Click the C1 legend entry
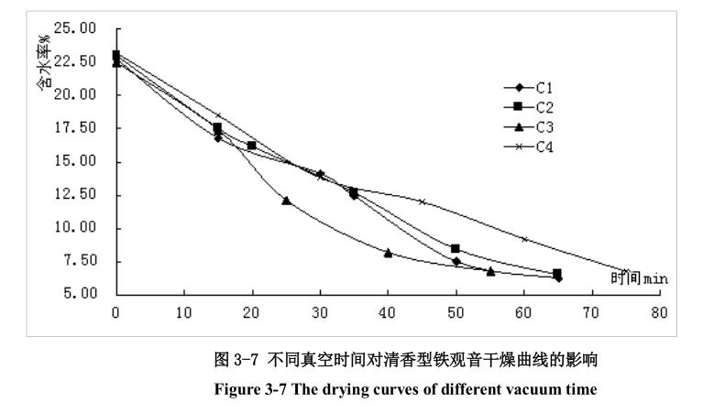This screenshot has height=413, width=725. pyautogui.click(x=528, y=88)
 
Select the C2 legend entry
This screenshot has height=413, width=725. pyautogui.click(x=528, y=107)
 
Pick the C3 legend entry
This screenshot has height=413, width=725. pyautogui.click(x=528, y=126)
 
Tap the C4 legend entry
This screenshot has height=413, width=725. pyautogui.click(x=528, y=146)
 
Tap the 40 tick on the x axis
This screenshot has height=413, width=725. pyautogui.click(x=388, y=311)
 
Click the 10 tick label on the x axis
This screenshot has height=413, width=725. pyautogui.click(x=183, y=311)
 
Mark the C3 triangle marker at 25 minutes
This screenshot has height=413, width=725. pyautogui.click(x=286, y=200)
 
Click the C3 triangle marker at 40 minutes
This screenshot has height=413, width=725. pyautogui.click(x=388, y=253)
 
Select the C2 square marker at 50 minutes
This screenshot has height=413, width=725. pyautogui.click(x=456, y=248)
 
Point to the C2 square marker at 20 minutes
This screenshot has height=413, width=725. pyautogui.click(x=251, y=146)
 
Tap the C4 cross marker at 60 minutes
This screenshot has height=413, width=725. pyautogui.click(x=524, y=239)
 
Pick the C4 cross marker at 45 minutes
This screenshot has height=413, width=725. pyautogui.click(x=422, y=201)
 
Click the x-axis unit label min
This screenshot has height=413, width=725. pyautogui.click(x=655, y=278)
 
